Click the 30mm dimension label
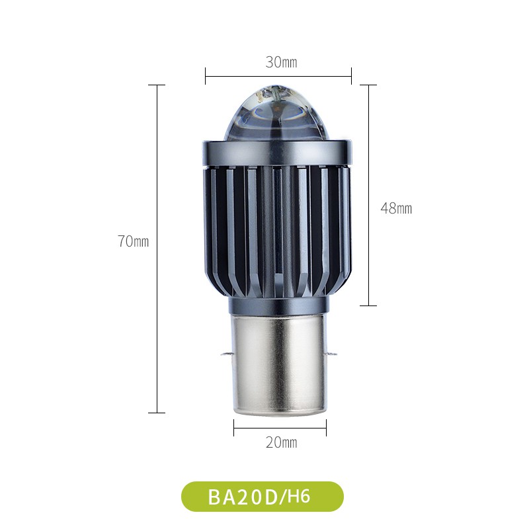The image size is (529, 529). point(281,62)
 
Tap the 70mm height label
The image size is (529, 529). point(134,241)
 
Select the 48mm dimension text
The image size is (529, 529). point(396,208)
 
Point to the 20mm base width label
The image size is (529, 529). point(281,442)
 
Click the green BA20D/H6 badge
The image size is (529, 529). point(263,497)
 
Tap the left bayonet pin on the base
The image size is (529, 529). point(226,354)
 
